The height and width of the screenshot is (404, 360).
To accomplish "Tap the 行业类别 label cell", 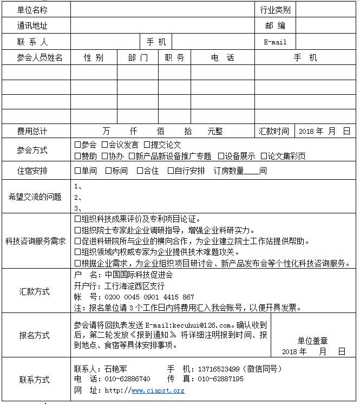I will tap(275, 10).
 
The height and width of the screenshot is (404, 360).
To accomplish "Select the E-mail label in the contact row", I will tap(275, 42).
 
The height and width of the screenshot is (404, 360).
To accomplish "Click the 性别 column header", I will tap(94, 57).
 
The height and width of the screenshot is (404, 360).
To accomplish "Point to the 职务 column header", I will tap(174, 57).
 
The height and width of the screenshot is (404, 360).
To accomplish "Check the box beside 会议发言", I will tap(104, 145).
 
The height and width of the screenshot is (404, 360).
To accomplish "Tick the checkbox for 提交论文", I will tap(146, 145).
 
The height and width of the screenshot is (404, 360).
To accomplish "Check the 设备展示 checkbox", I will tap(221, 156).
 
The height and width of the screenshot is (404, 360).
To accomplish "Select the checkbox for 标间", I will tap(108, 171).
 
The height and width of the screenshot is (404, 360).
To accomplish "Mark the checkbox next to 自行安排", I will tap(171, 171).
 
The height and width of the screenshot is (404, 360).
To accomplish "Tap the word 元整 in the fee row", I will tap(215, 131).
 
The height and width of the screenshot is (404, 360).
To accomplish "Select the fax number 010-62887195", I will tap(220, 379).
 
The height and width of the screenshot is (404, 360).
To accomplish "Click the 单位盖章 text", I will tap(312, 341).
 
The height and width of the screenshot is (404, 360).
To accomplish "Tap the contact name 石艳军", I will tap(115, 369).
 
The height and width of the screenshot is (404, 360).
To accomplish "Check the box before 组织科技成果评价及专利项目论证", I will tap(77, 219).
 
